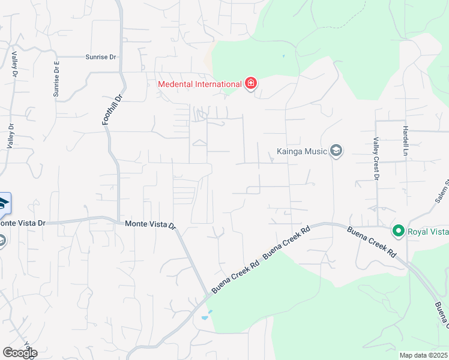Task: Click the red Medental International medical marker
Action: point(250,83)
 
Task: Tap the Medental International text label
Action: point(199,84)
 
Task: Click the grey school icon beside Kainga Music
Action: point(336,150)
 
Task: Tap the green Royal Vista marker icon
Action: point(397,230)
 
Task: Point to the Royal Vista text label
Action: point(427,231)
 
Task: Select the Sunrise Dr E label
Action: point(57,79)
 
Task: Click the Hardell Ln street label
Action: point(406,142)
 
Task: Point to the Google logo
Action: point(19,353)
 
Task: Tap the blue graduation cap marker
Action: point(4,203)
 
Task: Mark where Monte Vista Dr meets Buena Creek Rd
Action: point(209,293)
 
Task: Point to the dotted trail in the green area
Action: point(336,24)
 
